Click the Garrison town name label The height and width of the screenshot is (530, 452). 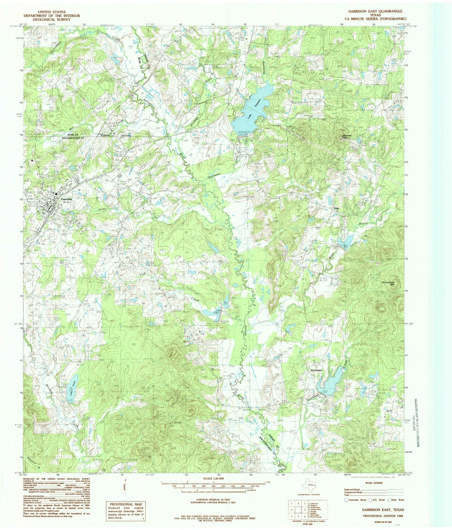coord(66,199)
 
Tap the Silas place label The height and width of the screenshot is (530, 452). coord(336,208)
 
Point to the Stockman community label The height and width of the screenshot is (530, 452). coord(316,370)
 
